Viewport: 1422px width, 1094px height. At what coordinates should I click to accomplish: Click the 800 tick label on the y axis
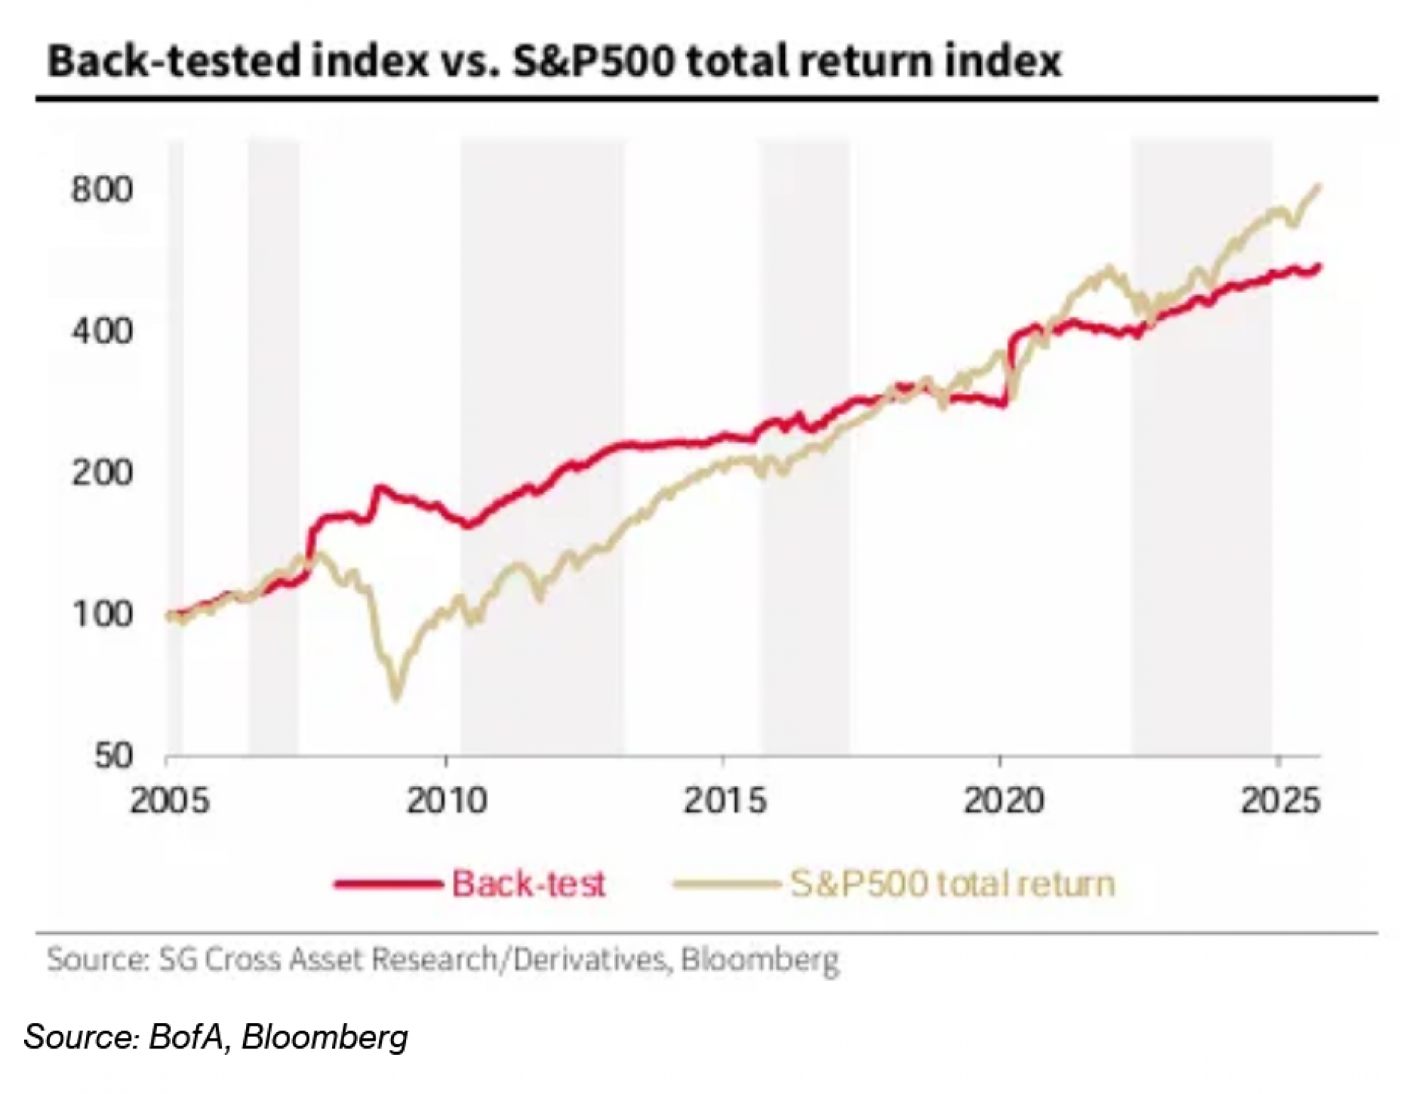click(x=102, y=190)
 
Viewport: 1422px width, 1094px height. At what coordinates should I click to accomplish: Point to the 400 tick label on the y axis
click(x=102, y=331)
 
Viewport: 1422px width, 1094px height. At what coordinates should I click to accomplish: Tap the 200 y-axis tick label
click(x=102, y=473)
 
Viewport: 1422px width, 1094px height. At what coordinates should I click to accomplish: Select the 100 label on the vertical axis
click(x=102, y=614)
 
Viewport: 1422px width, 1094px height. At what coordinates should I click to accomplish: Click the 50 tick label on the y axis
click(x=113, y=756)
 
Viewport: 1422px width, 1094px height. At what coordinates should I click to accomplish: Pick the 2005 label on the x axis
click(x=170, y=801)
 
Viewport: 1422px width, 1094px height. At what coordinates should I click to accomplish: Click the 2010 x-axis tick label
click(x=447, y=801)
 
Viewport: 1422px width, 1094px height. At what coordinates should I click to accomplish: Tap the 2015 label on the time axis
click(x=725, y=801)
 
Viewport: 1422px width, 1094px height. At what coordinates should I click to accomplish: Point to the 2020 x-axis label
click(x=1003, y=801)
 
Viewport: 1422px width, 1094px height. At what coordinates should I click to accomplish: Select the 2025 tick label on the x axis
click(x=1280, y=801)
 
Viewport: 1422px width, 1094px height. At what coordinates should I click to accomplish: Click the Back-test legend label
click(x=528, y=884)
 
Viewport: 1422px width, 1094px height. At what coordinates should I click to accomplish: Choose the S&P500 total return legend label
click(x=953, y=884)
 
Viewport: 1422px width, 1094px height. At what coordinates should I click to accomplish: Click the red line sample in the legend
click(x=387, y=884)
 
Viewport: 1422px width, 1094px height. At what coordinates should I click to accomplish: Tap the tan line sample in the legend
click(x=725, y=884)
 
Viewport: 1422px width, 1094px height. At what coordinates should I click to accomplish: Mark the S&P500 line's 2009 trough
click(x=397, y=698)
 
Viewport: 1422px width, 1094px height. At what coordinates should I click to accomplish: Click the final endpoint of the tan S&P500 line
click(x=1319, y=186)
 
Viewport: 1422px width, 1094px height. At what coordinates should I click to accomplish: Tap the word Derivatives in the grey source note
click(x=590, y=960)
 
